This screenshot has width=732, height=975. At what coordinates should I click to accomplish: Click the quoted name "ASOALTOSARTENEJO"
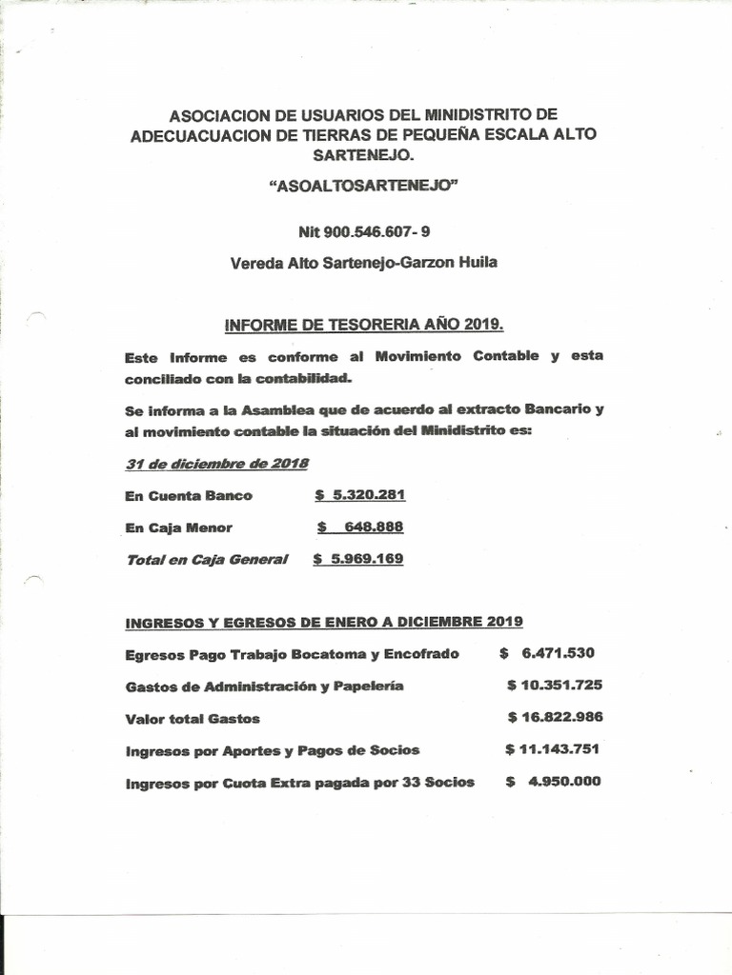coord(365,188)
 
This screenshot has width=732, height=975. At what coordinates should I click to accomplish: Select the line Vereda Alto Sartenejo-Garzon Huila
coord(364,263)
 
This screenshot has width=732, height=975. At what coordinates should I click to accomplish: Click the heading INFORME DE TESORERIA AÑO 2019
coord(364,325)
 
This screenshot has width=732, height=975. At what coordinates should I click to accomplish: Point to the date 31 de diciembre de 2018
coord(216,464)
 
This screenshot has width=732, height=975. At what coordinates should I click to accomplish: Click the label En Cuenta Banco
coord(189,496)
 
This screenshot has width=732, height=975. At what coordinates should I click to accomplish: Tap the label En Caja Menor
coord(178,527)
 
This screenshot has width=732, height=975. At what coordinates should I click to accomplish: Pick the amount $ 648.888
coord(360,527)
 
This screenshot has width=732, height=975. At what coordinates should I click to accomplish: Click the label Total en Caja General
coord(206,560)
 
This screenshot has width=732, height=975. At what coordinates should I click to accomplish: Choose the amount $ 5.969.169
coord(358,560)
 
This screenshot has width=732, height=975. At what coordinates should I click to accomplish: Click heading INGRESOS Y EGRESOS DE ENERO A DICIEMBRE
coord(324,622)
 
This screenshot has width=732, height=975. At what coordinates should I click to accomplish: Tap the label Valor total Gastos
coord(193,719)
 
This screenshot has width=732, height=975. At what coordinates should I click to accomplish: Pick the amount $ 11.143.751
coord(553,750)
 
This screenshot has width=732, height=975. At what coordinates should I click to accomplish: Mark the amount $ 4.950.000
coord(553,783)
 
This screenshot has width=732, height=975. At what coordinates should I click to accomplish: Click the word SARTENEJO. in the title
coord(365,153)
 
